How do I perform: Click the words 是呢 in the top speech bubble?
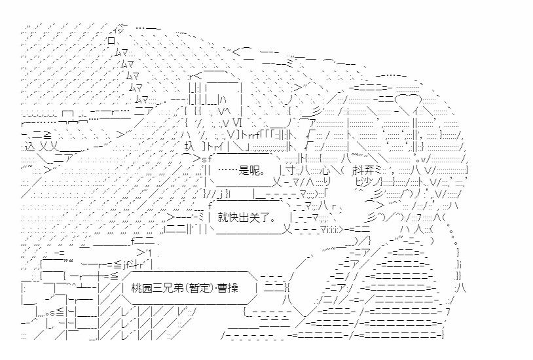coord(250,170)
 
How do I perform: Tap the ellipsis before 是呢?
coord(228,170)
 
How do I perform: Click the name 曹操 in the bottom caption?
coord(229,289)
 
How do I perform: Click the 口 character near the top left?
coord(111,41)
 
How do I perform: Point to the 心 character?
coord(326,170)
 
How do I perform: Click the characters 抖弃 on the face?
coord(365,170)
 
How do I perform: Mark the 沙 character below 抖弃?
coord(367,182)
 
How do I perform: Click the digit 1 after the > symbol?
coord(150,253)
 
